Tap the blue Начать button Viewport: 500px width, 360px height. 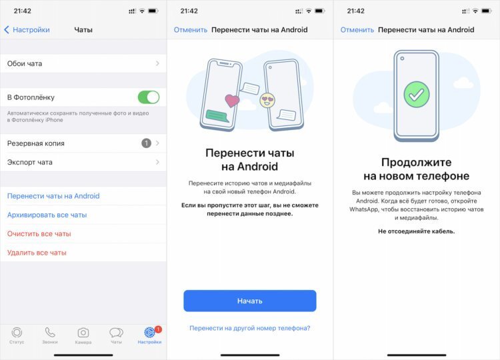click(250, 301)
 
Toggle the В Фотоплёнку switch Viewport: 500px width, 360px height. click(149, 97)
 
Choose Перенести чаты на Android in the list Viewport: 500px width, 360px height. click(53, 196)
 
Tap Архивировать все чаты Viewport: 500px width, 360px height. click(47, 215)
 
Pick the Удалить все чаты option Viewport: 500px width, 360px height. click(37, 253)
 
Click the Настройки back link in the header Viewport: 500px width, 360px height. click(27, 29)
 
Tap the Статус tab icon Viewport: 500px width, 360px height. click(17, 333)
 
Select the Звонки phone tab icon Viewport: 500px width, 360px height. click(50, 333)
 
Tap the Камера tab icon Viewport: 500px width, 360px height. click(83, 333)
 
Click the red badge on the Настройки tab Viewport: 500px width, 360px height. click(158, 329)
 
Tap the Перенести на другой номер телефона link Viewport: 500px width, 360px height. click(250, 328)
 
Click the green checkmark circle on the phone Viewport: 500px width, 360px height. click(417, 95)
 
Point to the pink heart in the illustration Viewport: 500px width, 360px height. click(232, 101)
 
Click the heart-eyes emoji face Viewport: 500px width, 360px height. click(267, 100)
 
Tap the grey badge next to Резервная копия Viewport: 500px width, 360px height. click(146, 143)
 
